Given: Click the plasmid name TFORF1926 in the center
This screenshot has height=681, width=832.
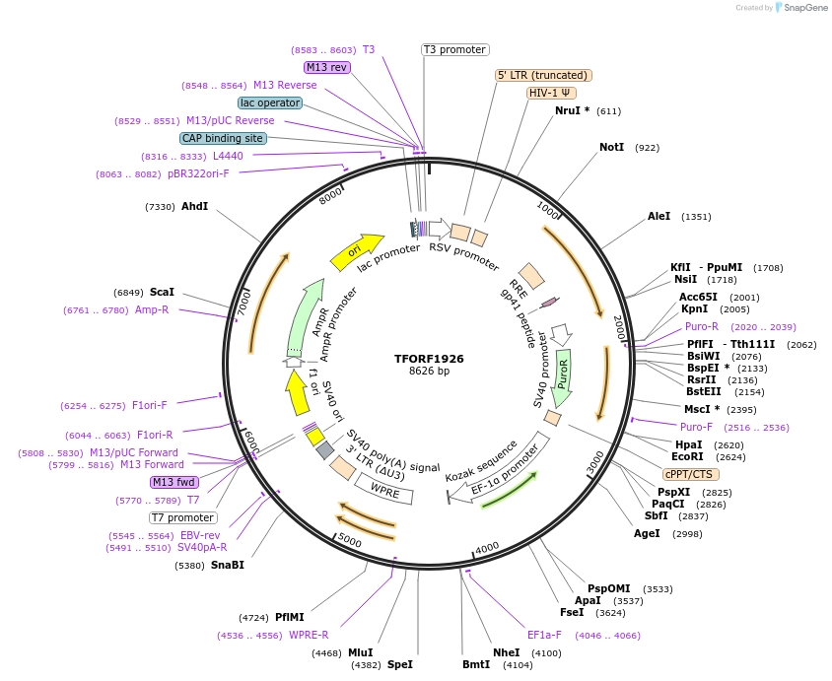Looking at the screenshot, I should click(x=429, y=359).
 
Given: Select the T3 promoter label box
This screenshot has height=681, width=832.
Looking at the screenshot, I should click(x=454, y=49).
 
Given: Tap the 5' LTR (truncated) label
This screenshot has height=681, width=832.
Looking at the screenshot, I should click(x=542, y=75).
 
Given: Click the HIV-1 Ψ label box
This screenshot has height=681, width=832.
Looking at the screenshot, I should click(x=552, y=93).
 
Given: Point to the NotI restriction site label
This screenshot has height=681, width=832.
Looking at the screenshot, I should click(x=612, y=147).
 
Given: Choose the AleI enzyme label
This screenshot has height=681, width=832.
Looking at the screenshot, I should click(x=659, y=216).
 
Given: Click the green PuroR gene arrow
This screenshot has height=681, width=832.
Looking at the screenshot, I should click(x=563, y=378).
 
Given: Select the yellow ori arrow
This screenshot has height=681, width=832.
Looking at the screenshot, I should click(x=357, y=251).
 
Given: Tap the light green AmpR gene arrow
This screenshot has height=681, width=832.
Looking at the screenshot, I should click(x=307, y=315).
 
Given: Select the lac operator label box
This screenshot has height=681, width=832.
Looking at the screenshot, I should click(x=269, y=102).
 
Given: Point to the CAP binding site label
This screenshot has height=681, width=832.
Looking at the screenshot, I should click(x=223, y=138).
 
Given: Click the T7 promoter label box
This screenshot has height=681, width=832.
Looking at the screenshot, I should click(x=182, y=517).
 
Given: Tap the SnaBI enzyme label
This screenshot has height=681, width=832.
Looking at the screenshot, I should click(x=227, y=565).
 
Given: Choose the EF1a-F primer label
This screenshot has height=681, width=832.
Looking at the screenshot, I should click(x=544, y=635).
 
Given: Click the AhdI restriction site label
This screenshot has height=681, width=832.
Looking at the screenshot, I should click(x=194, y=206).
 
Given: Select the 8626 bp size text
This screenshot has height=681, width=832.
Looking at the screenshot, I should click(x=429, y=372).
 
